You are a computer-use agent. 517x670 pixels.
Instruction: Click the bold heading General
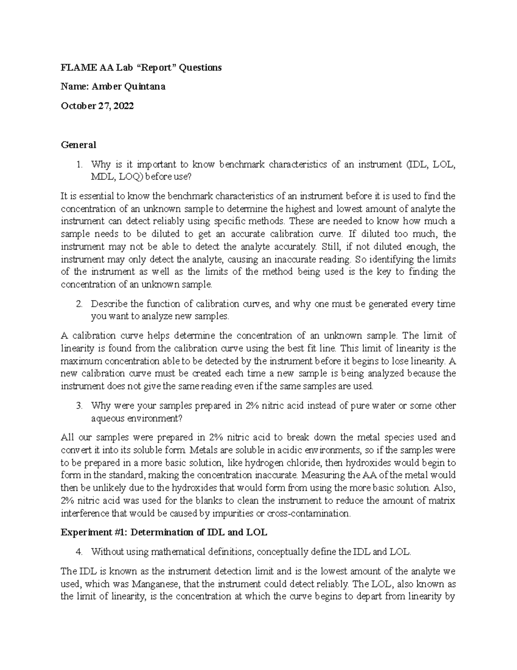click(78, 145)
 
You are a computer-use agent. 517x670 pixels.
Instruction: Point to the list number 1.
click(78, 164)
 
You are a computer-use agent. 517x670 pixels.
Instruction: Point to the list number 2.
click(78, 304)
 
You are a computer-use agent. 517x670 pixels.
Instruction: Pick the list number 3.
click(78, 406)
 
